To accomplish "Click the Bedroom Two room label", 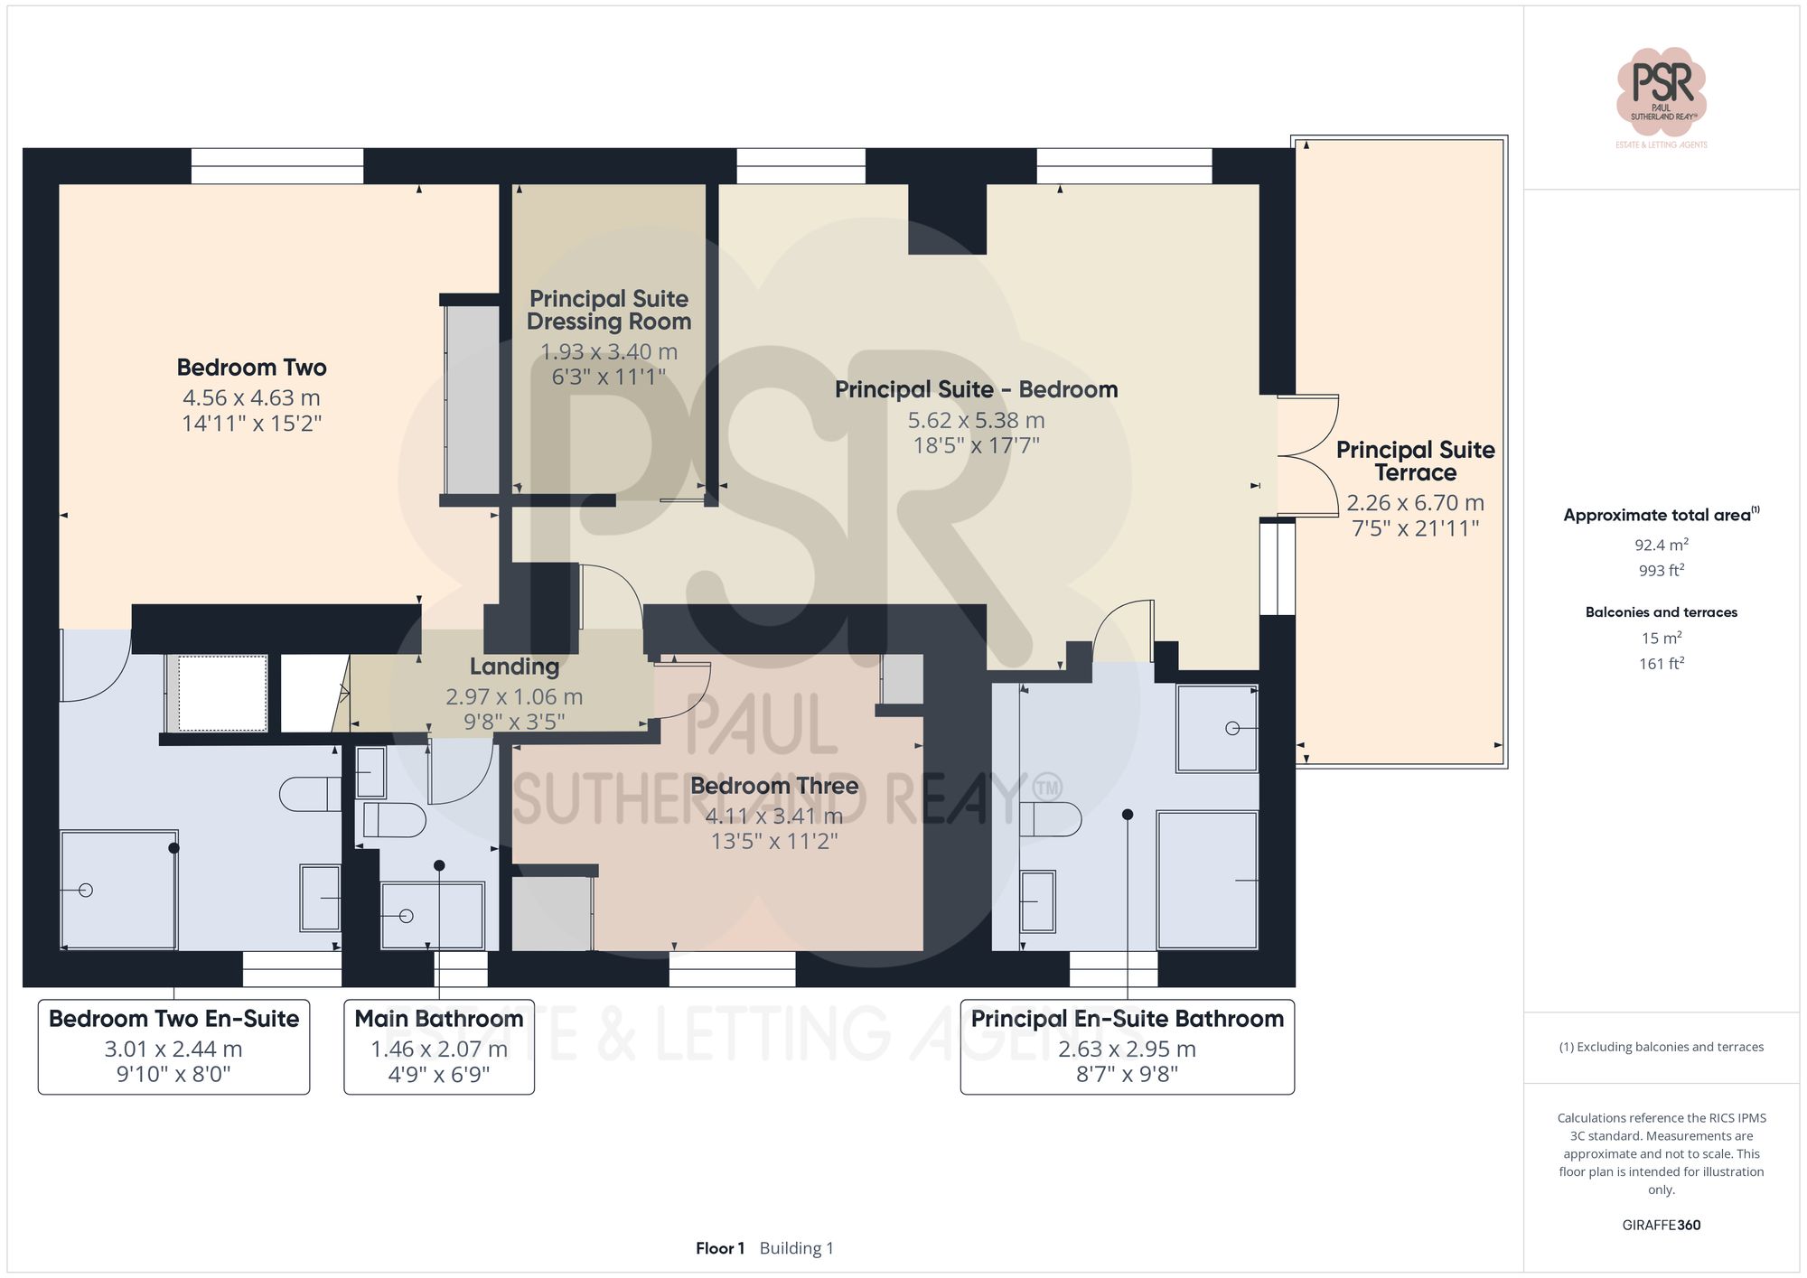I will (251, 368).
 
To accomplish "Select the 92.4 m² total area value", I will (1661, 545).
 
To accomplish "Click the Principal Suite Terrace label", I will (1415, 461).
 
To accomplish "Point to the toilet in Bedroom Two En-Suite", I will (307, 794).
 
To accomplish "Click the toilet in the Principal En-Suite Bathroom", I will (1053, 820).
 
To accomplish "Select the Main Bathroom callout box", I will (439, 1046).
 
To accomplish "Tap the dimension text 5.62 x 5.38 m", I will (976, 420).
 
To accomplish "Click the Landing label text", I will (514, 667).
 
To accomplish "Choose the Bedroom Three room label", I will (774, 786).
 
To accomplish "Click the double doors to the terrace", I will (1308, 456).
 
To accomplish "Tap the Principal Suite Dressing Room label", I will (609, 310).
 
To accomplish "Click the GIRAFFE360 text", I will (1661, 1225).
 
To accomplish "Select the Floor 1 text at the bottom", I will (719, 1248).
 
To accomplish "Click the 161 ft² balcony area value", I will (1661, 664).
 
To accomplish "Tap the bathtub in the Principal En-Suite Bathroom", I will (1207, 880).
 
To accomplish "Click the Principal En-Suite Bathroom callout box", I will (1127, 1046).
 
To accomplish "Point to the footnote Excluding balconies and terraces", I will (1661, 1047).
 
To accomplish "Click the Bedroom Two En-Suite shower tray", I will (118, 890).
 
